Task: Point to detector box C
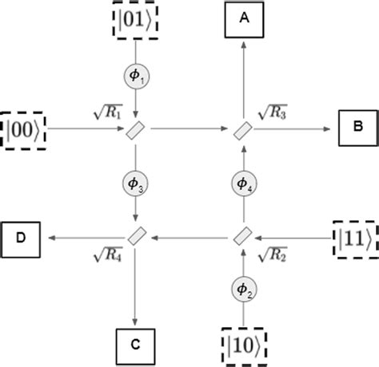136,345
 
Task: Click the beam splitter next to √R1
136,128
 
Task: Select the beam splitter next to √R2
245,236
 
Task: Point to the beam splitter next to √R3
245,128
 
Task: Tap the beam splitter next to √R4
136,236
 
